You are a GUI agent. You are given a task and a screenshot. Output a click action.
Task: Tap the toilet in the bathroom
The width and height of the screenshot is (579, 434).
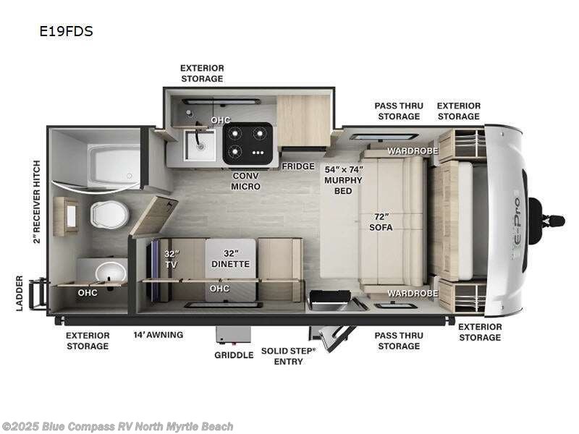coord(109,214)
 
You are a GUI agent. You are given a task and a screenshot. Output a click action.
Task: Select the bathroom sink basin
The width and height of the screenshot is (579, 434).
coord(111,272)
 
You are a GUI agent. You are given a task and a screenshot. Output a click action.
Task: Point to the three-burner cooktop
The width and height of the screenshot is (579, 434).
coord(248,142)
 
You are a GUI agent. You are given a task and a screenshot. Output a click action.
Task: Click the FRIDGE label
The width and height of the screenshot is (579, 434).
coord(298,166)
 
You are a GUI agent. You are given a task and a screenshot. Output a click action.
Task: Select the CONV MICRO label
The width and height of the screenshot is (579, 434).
coord(246,181)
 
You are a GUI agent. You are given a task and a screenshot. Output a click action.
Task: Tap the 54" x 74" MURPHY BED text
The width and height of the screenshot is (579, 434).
coord(343,179)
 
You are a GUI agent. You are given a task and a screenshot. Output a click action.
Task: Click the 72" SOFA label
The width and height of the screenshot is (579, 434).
coord(382,222)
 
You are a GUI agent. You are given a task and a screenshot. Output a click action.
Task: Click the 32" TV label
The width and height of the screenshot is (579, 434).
coord(171,258)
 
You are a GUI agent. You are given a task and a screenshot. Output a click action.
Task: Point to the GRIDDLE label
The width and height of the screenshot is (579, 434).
coord(234,355)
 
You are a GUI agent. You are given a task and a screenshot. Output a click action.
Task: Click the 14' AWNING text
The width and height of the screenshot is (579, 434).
coord(158,335)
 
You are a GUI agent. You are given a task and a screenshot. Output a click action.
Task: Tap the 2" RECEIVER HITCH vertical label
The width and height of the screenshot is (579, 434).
coord(36,203)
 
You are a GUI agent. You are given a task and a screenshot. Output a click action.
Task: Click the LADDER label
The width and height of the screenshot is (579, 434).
coord(20,293)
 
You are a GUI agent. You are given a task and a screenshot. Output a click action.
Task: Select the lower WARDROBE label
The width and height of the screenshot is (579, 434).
coord(412,293)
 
